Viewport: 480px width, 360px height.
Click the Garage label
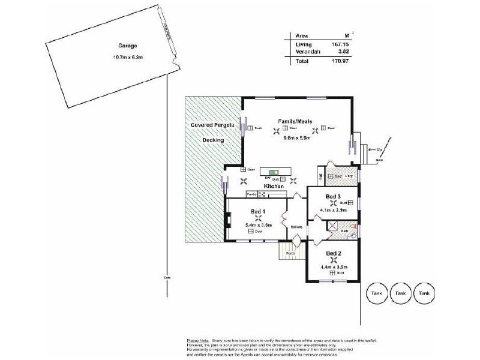pyautogui.click(x=127, y=46)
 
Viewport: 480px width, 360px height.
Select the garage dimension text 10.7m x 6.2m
pyautogui.click(x=127, y=57)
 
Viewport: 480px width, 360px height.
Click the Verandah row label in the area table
pyautogui.click(x=308, y=52)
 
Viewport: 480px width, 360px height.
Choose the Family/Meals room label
pyautogui.click(x=295, y=121)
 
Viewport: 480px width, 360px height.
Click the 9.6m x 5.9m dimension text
pyautogui.click(x=296, y=137)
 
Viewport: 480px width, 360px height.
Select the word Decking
pyautogui.click(x=213, y=140)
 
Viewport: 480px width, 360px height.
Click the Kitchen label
pyautogui.click(x=274, y=187)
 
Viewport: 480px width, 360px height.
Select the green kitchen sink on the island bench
pyautogui.click(x=275, y=172)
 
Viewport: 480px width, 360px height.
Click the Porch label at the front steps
pyautogui.click(x=290, y=253)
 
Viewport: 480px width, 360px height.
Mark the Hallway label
pyautogui.click(x=296, y=227)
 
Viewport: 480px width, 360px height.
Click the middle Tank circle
pyautogui.click(x=400, y=293)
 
